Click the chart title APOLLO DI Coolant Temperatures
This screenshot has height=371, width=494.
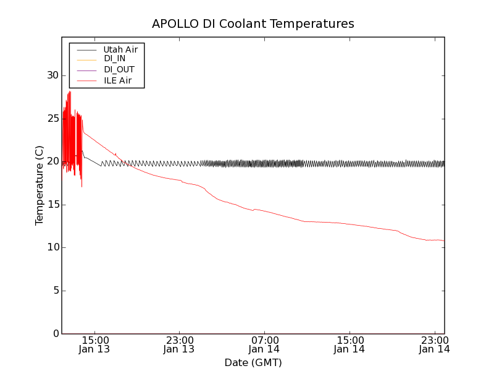253,24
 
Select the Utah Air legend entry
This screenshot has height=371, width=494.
120,49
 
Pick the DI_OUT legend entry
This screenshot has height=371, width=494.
119,70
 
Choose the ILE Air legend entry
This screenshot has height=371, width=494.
117,80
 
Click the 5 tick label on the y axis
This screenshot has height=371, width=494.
54,291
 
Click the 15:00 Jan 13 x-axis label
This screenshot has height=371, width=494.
94,344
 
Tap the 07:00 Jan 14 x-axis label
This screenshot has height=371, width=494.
264,344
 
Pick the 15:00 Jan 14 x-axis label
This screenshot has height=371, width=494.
350,344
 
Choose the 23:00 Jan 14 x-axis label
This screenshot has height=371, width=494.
434,344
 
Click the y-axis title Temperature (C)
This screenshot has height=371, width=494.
40,185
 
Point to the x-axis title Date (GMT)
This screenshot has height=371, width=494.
253,362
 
